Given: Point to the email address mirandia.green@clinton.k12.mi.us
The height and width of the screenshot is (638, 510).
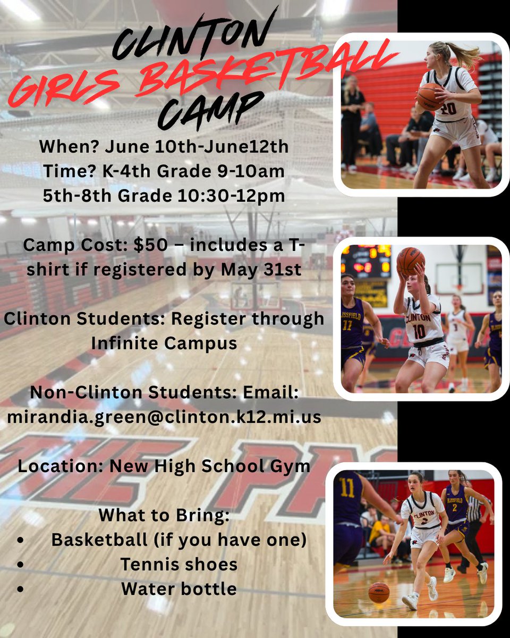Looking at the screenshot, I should pyautogui.click(x=164, y=416).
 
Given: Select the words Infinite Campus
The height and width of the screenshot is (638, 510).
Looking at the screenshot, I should pyautogui.click(x=164, y=343).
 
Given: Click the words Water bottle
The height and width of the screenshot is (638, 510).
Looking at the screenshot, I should pyautogui.click(x=178, y=589).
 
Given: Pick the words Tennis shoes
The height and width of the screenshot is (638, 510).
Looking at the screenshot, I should pyautogui.click(x=178, y=564).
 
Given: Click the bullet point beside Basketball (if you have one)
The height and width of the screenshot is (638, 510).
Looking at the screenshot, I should pyautogui.click(x=20, y=540).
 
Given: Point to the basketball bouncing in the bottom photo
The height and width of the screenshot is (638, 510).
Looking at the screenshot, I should pyautogui.click(x=379, y=592).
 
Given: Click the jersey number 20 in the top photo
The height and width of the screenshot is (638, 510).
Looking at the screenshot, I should pyautogui.click(x=449, y=108).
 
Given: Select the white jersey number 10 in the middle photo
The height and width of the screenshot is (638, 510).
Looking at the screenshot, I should pyautogui.click(x=419, y=332).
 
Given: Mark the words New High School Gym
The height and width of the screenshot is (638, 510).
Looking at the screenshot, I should pyautogui.click(x=210, y=466).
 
